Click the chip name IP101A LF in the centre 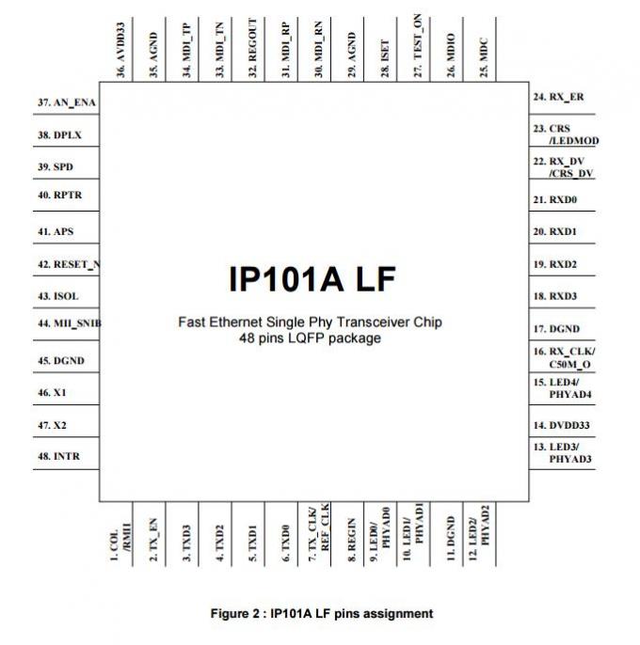coord(312,279)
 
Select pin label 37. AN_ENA coord(68,102)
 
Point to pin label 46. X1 coord(52,392)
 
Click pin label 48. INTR coord(58,457)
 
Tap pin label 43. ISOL coord(58,296)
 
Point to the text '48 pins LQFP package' coord(311,338)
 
